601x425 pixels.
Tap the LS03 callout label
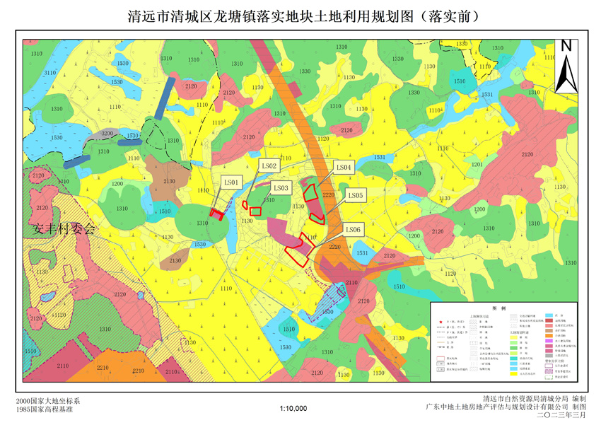tap(281, 188)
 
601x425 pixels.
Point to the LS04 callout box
tap(344, 168)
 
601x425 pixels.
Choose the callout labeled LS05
tap(355, 195)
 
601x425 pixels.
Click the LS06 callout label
tap(354, 229)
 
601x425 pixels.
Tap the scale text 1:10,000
tap(293, 408)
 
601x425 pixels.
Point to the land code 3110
tap(49, 74)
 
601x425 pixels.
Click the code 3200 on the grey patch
tap(107, 134)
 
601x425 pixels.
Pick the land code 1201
tap(477, 165)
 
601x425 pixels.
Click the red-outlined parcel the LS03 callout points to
tap(256, 211)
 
